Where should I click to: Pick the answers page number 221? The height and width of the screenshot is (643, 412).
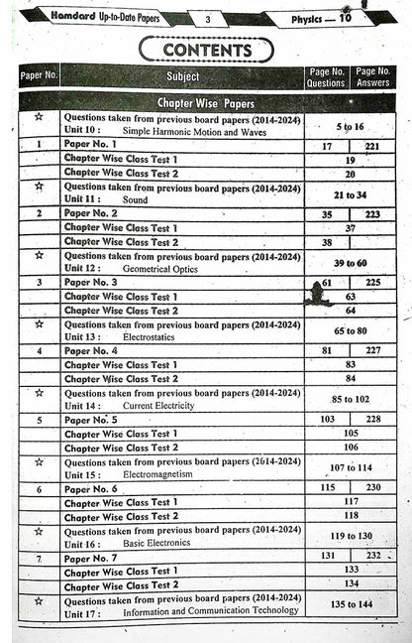(x=372, y=146)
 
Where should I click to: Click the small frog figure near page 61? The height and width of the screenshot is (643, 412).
(x=320, y=295)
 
